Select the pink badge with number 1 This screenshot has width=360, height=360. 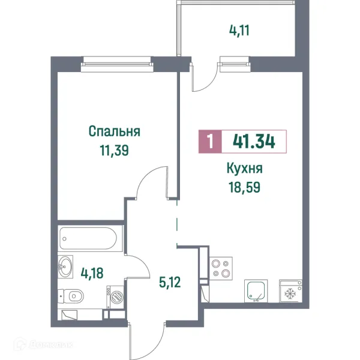point(209,142)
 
